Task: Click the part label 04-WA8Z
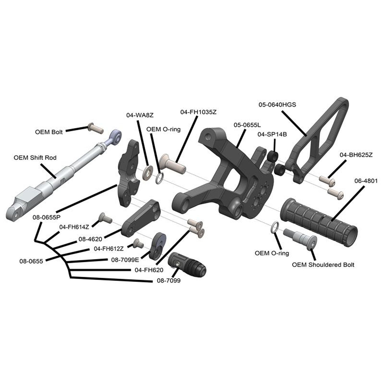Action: [140, 115]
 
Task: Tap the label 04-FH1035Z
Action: [198, 112]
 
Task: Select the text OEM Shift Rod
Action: [35, 157]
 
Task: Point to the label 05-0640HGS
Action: [277, 104]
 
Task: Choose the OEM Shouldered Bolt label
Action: [323, 265]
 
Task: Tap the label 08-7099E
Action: [125, 260]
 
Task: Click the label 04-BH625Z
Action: [356, 155]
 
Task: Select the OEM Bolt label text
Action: [49, 132]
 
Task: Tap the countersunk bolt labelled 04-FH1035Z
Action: [172, 164]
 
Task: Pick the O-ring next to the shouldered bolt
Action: [275, 228]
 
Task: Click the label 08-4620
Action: [90, 239]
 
